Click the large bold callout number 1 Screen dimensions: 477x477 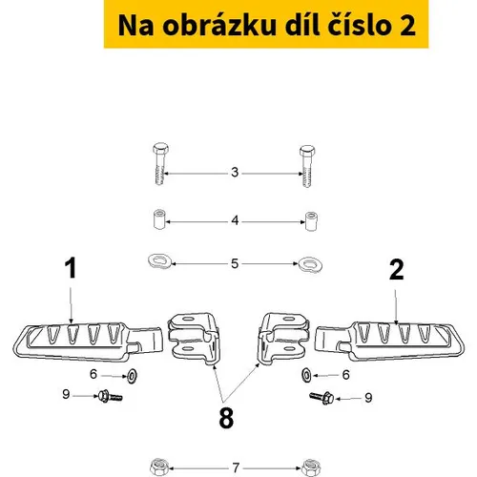pyautogui.click(x=71, y=268)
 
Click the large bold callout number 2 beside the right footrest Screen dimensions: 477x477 pyautogui.click(x=397, y=270)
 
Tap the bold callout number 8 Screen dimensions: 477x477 pyautogui.click(x=226, y=418)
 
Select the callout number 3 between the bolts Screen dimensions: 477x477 pyautogui.click(x=235, y=173)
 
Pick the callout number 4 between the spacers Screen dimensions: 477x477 pyautogui.click(x=235, y=220)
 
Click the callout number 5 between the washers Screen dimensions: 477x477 pyautogui.click(x=235, y=263)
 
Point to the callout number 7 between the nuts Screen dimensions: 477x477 pyautogui.click(x=236, y=467)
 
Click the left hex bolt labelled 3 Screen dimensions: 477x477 pyautogui.click(x=160, y=163)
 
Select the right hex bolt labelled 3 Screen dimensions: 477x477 pyautogui.click(x=307, y=166)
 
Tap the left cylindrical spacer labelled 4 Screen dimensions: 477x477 pyautogui.click(x=159, y=218)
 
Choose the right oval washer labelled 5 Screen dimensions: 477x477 pyautogui.click(x=310, y=265)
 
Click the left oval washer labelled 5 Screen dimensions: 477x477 pyautogui.click(x=160, y=261)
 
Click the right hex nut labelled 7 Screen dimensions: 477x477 pyautogui.click(x=311, y=468)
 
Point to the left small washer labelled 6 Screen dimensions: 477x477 pyautogui.click(x=132, y=376)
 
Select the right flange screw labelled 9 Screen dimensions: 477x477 pyautogui.click(x=321, y=398)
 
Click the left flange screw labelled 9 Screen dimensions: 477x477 pyautogui.click(x=110, y=396)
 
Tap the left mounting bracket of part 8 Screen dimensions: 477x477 pyautogui.click(x=194, y=339)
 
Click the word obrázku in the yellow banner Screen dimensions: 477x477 pyautogui.click(x=219, y=25)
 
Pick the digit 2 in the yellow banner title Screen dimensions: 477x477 pyautogui.click(x=407, y=26)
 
